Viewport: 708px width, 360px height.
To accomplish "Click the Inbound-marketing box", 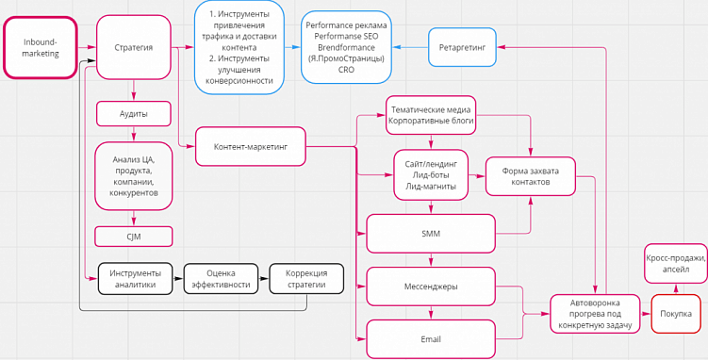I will click(40, 47).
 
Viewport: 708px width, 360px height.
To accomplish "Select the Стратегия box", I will click(133, 47).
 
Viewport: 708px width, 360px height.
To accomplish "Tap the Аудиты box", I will click(133, 113).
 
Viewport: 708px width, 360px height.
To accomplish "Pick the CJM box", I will click(133, 236).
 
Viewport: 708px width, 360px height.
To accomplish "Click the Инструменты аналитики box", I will click(135, 278).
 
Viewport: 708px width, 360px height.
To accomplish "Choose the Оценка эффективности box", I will click(222, 278).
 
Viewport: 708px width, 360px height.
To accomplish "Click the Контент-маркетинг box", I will click(251, 146).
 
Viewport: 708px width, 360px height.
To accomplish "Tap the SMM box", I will click(431, 233).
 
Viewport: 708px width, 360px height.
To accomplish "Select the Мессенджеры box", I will click(431, 286).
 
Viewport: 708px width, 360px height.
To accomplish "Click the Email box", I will click(431, 339).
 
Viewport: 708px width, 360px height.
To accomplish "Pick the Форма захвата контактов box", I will click(530, 176).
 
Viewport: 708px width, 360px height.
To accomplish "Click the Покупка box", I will click(675, 313).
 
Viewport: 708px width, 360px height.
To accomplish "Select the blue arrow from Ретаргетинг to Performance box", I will click(411, 46).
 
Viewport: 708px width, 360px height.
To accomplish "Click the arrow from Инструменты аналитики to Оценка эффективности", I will click(178, 278).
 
